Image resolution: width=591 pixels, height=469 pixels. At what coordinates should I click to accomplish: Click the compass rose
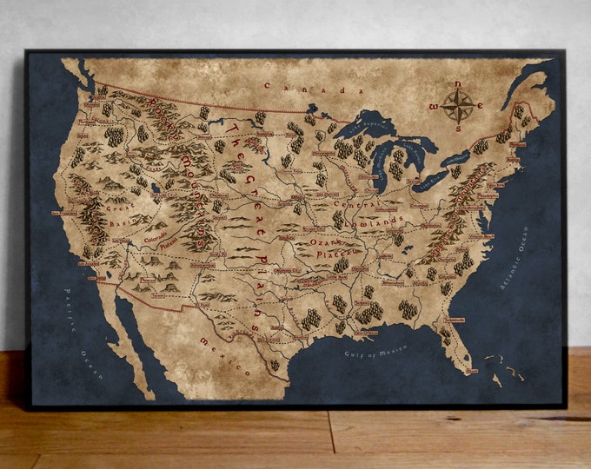pos(457,105)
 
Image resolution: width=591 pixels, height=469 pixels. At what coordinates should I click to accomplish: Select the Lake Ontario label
pos(456,161)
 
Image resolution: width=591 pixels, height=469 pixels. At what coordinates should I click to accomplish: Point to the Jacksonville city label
pos(452,320)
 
